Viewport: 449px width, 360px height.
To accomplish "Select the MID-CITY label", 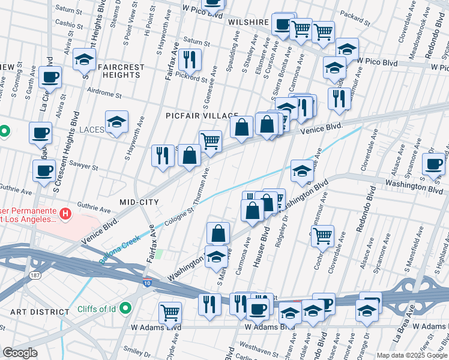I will tap(139, 202).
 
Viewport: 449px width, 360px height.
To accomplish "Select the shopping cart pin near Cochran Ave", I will tap(323, 236).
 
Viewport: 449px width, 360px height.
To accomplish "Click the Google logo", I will tap(20, 353).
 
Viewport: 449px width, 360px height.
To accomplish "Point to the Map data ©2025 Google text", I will tap(411, 355).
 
